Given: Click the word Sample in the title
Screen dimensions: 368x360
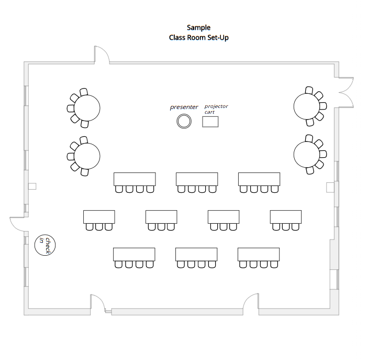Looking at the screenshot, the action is (x=198, y=28).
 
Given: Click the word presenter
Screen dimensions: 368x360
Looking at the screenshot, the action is (x=184, y=107).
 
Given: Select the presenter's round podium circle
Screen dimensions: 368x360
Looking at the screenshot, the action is (x=184, y=121).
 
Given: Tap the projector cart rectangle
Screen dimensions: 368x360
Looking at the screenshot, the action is (x=210, y=122).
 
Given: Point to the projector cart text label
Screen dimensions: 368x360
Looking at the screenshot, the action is (x=216, y=109).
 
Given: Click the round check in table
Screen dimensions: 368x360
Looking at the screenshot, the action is (x=45, y=245).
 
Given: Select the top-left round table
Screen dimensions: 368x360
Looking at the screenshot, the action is (x=87, y=108).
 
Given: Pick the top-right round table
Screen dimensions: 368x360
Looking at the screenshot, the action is (x=307, y=106).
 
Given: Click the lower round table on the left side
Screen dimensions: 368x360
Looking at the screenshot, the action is (x=87, y=156).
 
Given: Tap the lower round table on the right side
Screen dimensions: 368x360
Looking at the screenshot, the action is (x=307, y=155).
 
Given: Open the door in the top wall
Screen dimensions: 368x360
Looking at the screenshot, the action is (x=102, y=54).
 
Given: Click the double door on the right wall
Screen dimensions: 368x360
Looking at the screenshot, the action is (x=347, y=92).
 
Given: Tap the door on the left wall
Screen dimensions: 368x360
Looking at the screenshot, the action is (x=17, y=224).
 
